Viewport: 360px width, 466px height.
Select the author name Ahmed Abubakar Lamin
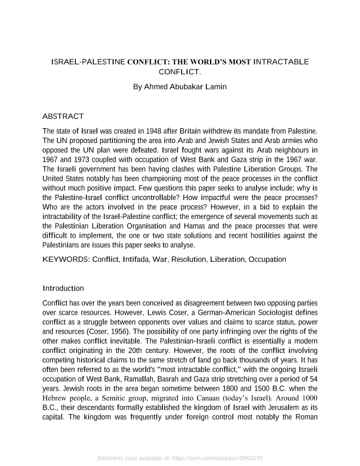point(180,86)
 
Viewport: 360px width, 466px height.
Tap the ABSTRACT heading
point(64,116)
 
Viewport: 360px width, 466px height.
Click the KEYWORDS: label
point(66,259)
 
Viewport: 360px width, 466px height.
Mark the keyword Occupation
point(268,259)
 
